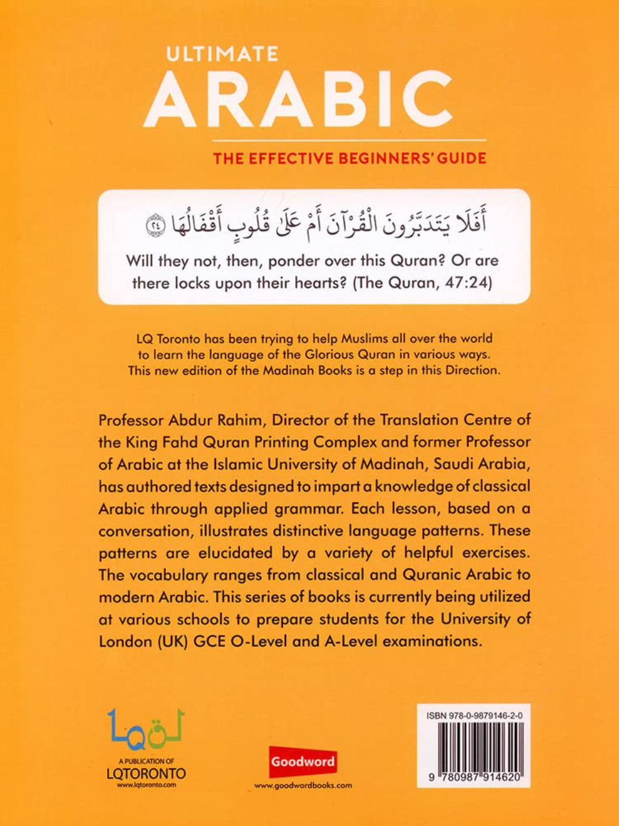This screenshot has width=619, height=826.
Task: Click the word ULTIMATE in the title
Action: coord(222,55)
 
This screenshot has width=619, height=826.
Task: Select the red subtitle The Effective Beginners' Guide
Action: coord(350,158)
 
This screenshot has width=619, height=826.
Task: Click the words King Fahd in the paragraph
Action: coord(162,442)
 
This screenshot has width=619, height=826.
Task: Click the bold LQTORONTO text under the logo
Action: coord(146,774)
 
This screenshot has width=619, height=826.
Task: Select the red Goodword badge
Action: coord(303,761)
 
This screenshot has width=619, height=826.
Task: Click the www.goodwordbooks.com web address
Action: coord(303,785)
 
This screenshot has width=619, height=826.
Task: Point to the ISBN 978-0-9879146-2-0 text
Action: coord(474,716)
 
